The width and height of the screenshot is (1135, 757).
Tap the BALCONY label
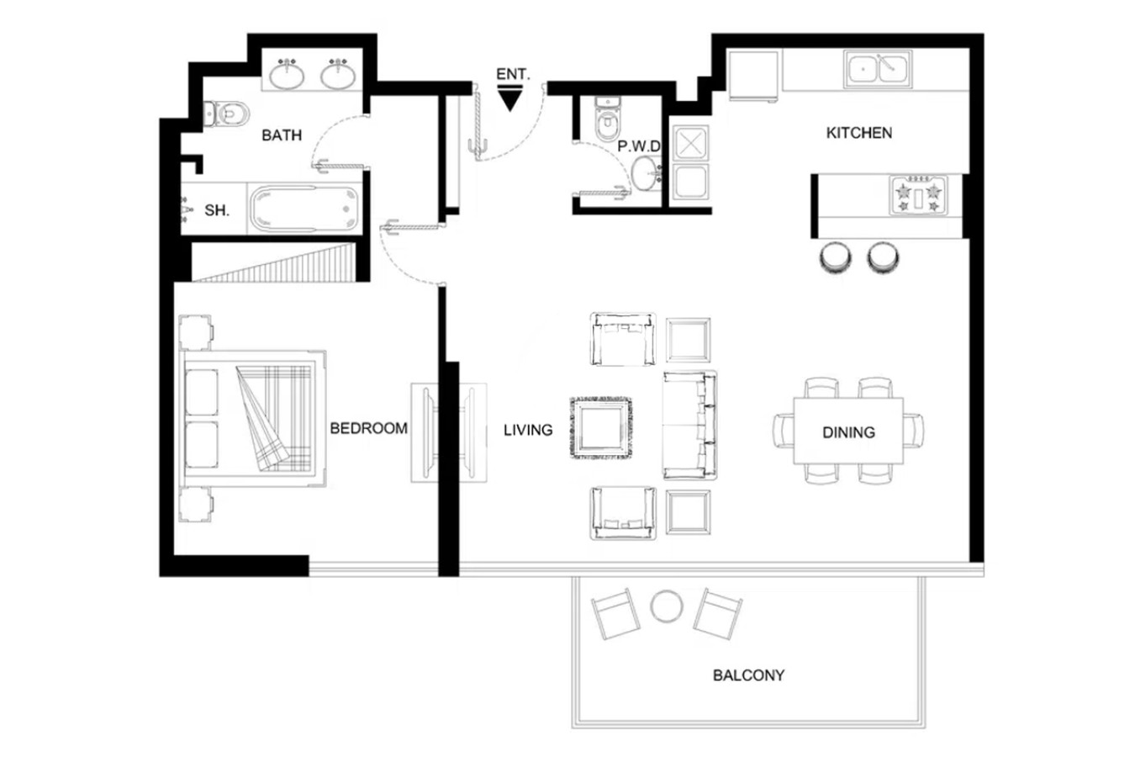pos(748,675)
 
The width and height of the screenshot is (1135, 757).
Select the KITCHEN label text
pos(859,133)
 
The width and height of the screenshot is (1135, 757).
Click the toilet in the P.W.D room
pos(608,119)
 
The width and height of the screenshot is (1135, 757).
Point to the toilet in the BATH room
pos(226,114)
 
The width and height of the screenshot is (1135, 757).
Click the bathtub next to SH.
pos(305,209)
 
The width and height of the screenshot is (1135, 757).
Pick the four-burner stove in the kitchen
pos(918,195)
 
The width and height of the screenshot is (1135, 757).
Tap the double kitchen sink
pos(878,69)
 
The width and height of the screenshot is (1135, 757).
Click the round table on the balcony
pos(667,606)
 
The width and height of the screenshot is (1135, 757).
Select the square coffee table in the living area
pos(601,428)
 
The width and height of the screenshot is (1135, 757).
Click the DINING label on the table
pos(848,432)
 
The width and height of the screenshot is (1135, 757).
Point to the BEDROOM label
pos(368,428)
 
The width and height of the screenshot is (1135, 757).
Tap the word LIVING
pos(528,431)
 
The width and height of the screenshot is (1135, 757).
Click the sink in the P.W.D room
pos(646,174)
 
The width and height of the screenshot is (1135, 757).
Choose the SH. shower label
pos(217,210)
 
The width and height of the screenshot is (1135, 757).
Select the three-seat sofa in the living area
pos(689,425)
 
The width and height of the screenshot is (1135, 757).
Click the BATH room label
pos(282,135)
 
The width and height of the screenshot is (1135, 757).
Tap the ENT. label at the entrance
pos(513,75)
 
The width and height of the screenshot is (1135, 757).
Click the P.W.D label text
pos(639,146)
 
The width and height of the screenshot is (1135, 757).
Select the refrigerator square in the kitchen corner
pos(753,76)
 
